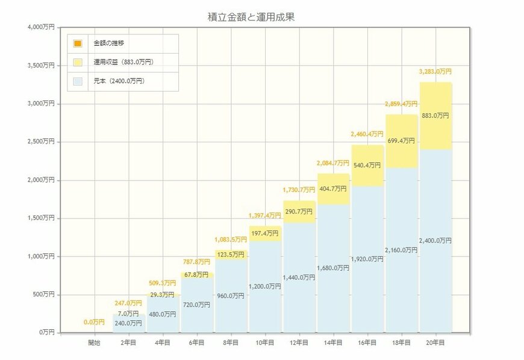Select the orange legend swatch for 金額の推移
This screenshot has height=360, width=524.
click(x=78, y=43)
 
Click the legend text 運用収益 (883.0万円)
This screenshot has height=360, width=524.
click(x=127, y=62)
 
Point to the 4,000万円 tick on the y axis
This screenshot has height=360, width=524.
click(x=40, y=27)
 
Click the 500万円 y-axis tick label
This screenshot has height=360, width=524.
click(x=43, y=294)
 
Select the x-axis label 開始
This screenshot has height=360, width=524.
click(x=94, y=342)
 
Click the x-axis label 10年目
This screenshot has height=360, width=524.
click(x=265, y=342)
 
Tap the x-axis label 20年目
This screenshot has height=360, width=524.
click(x=435, y=342)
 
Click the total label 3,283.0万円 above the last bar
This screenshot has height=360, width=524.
click(x=435, y=72)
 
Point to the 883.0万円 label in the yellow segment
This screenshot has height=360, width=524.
click(x=435, y=115)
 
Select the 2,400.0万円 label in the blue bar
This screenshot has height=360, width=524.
click(x=435, y=240)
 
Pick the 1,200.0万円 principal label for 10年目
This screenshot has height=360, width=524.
click(x=265, y=286)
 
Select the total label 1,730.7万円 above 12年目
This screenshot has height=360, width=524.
click(x=299, y=190)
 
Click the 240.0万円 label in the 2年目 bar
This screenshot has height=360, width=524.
click(x=128, y=323)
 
